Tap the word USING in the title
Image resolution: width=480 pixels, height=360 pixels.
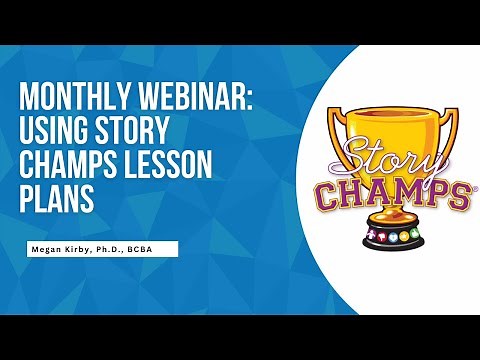(x=60, y=132)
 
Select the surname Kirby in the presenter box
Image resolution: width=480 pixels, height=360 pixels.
(x=80, y=248)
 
